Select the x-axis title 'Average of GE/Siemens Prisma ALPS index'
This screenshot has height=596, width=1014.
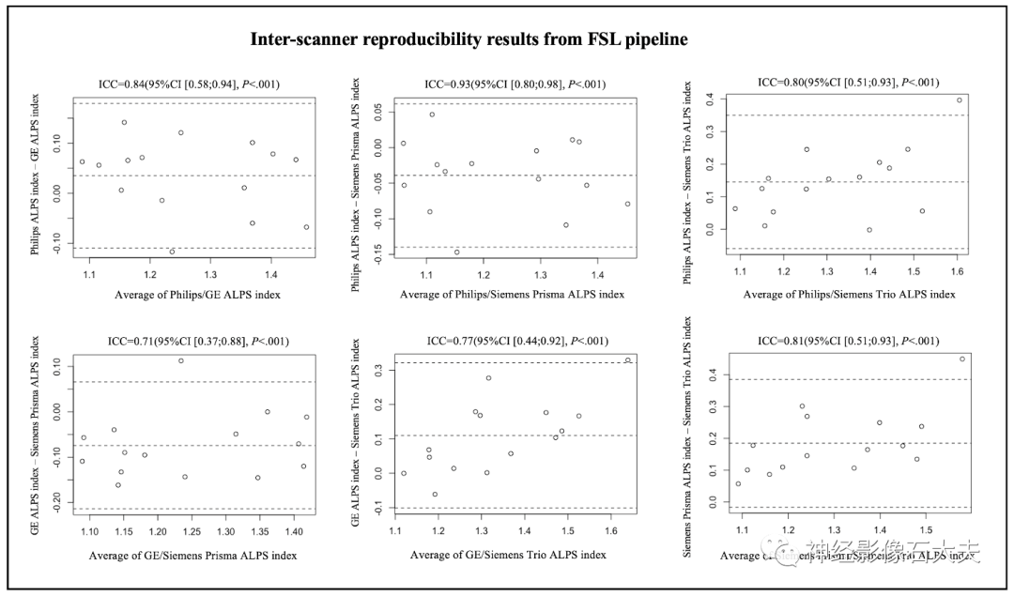tap(192, 556)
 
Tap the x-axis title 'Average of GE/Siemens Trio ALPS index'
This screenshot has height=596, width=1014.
tap(508, 556)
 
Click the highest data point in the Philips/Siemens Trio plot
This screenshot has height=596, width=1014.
tap(959, 100)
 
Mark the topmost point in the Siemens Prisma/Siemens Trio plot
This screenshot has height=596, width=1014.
tap(961, 359)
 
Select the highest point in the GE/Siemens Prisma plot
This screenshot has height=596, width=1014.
tap(181, 360)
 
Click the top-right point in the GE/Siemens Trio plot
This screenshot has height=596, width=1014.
tap(627, 359)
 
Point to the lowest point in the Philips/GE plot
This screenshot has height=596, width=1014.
tap(172, 252)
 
